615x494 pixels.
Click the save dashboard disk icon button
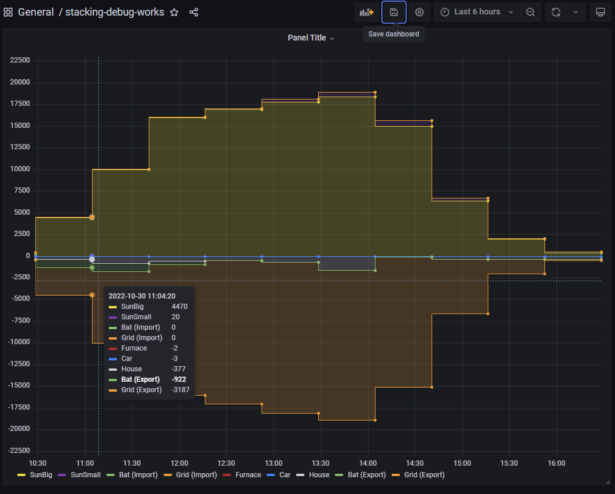[x=394, y=12]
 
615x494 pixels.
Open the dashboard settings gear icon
[x=419, y=12]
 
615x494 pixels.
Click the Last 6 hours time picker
[x=477, y=12]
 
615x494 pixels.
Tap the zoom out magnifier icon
[x=530, y=12]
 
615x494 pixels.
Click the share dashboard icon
[x=194, y=12]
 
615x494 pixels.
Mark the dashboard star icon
[x=174, y=12]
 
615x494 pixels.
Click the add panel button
[x=367, y=12]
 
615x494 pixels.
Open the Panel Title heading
[x=311, y=38]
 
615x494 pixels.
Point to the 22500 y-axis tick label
[x=21, y=60]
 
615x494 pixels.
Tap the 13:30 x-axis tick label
[x=320, y=463]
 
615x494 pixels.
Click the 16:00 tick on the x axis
[x=556, y=463]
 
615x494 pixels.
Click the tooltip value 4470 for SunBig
[x=179, y=307]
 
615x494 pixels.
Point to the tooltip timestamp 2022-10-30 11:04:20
[x=142, y=296]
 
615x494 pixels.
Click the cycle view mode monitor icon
[x=600, y=12]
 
